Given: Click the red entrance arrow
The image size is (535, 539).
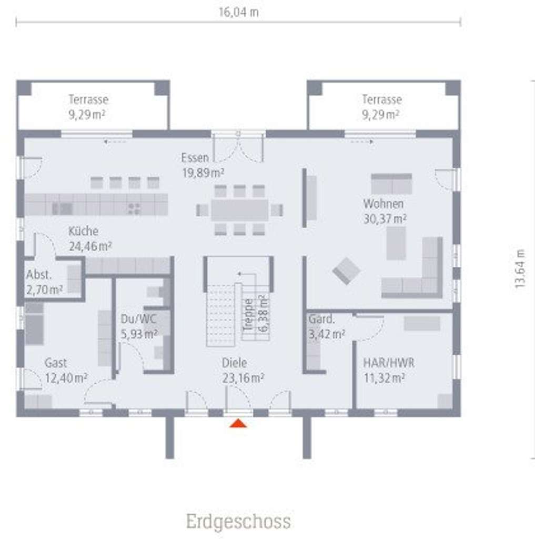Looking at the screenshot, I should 238,422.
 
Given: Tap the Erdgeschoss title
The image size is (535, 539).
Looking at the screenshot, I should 238,521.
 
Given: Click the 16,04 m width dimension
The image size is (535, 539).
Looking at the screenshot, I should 238,12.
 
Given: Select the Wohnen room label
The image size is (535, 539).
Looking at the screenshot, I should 383,204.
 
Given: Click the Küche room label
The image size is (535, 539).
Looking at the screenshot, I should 83,231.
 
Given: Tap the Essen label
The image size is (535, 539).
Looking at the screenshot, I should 195,157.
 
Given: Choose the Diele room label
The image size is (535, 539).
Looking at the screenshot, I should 234,363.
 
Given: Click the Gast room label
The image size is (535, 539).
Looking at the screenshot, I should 55,363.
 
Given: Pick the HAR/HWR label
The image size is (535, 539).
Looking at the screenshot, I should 389,363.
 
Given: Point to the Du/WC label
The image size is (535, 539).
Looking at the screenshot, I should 138,318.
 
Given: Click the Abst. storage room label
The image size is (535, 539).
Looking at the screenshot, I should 39,274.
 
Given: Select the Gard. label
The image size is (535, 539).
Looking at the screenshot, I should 322,318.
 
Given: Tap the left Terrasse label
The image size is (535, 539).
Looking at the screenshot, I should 88,99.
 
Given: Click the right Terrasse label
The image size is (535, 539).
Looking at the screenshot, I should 382,99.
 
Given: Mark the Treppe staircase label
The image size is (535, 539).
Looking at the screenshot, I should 248,314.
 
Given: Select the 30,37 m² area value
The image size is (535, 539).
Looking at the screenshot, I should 385,218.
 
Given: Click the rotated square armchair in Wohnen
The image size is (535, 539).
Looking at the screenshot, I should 347,271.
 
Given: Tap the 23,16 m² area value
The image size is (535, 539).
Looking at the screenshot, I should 243,377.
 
